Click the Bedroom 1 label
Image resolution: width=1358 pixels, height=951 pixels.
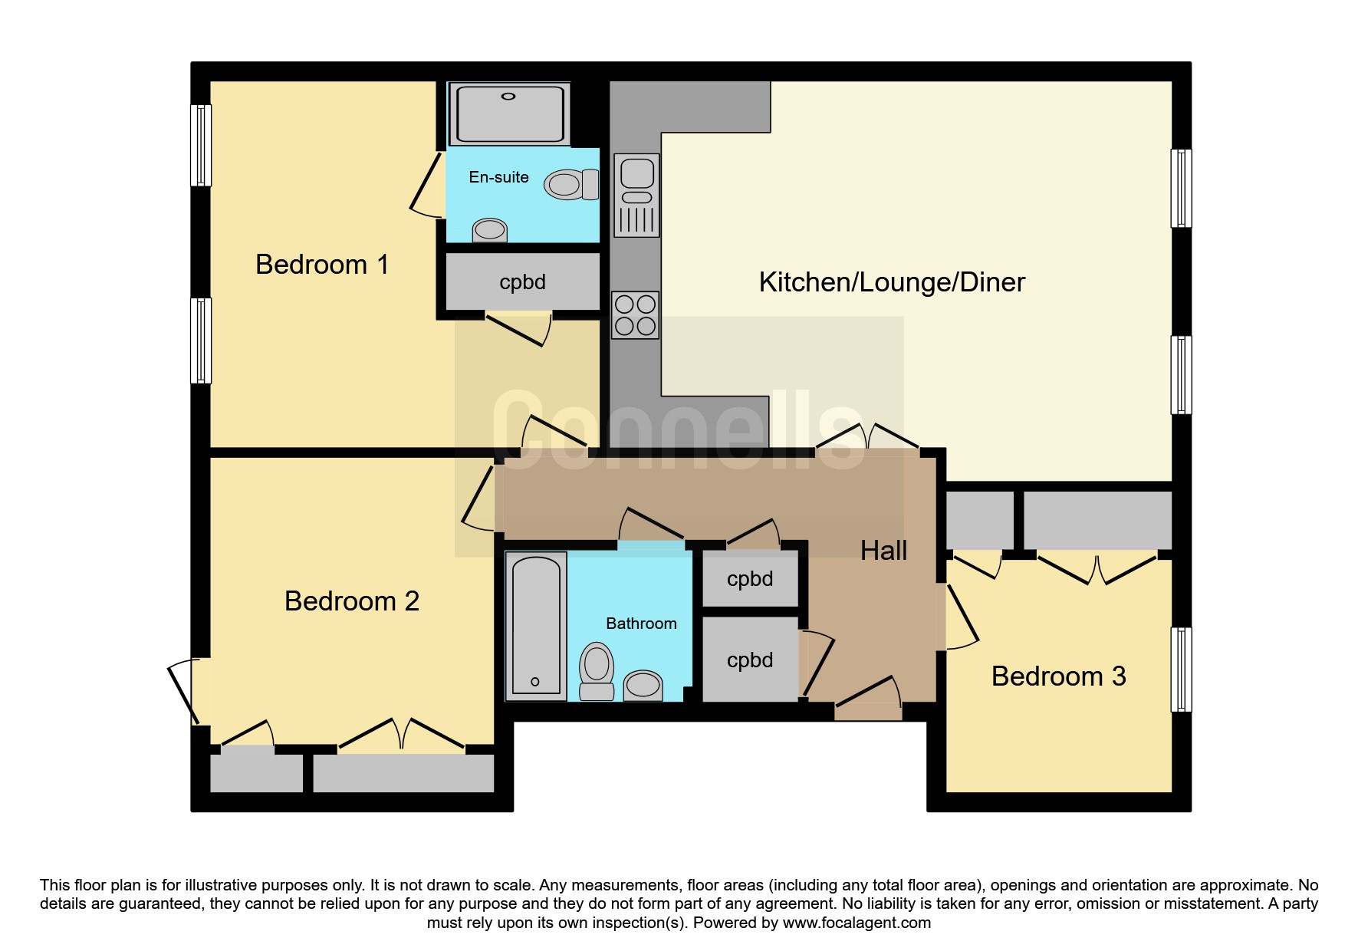click(x=322, y=265)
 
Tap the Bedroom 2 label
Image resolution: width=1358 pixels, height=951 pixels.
click(x=352, y=601)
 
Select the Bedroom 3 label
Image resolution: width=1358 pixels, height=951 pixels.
click(x=1059, y=676)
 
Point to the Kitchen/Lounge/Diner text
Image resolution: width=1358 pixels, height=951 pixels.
click(x=892, y=282)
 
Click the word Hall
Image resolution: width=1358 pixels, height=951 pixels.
click(x=884, y=551)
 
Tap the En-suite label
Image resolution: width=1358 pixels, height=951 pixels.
click(x=499, y=177)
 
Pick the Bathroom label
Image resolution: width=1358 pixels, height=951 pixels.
click(x=642, y=624)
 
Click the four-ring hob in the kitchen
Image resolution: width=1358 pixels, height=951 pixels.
click(x=636, y=315)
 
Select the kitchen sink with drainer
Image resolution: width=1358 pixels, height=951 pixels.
click(x=636, y=196)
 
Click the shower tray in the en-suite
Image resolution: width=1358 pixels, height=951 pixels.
click(x=510, y=114)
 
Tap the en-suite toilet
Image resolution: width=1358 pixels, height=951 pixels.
click(x=571, y=184)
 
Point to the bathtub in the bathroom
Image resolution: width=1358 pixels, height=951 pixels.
click(x=536, y=626)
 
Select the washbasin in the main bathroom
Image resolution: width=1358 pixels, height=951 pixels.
click(x=643, y=686)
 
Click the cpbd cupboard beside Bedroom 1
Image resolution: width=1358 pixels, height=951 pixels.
click(x=523, y=282)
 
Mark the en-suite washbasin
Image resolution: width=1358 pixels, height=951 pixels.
click(x=489, y=230)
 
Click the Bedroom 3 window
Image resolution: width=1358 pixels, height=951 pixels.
click(x=1182, y=670)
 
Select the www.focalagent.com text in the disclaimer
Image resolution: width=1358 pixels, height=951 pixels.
click(x=857, y=923)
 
